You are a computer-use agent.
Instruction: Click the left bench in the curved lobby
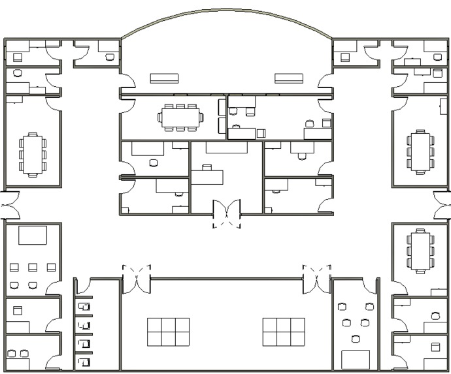pos(164,78)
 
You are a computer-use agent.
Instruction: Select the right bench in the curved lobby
pos(288,78)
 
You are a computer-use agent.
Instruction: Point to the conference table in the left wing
pos(32,154)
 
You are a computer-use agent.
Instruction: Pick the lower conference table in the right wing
pos(419,251)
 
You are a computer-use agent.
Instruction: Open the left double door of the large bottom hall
pos(137,277)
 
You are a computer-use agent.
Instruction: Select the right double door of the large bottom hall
pos(318,277)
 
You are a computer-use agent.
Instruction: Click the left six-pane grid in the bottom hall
pos(168,332)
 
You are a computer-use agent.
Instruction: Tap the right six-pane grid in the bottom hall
pos(284,332)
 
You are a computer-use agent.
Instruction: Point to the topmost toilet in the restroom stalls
pos(82,306)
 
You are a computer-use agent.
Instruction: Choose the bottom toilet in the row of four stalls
pos(82,360)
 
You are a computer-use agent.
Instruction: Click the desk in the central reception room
pos(207,177)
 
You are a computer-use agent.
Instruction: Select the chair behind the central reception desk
pos(207,168)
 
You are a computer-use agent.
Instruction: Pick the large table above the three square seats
pos(33,235)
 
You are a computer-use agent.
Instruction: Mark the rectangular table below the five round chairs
pos(356,359)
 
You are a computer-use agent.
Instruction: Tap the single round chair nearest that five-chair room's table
pos(355,339)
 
